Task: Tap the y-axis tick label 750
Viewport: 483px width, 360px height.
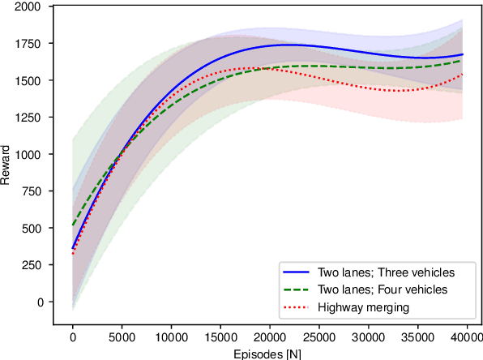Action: [x=32, y=191]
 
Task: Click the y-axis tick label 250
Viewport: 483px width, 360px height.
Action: [x=32, y=265]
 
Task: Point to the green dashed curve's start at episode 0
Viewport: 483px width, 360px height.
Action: [x=73, y=225]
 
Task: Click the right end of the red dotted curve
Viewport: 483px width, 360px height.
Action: [x=462, y=75]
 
